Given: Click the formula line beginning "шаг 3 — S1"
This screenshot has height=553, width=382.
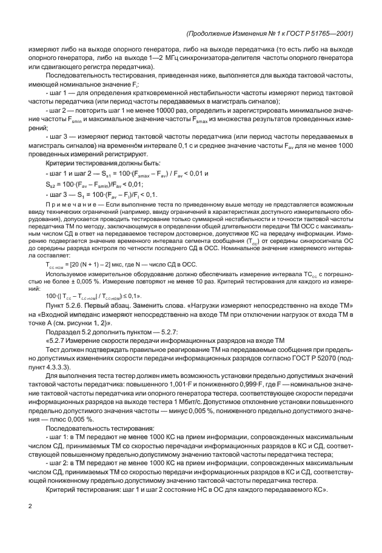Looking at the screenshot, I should click(x=101, y=195).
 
